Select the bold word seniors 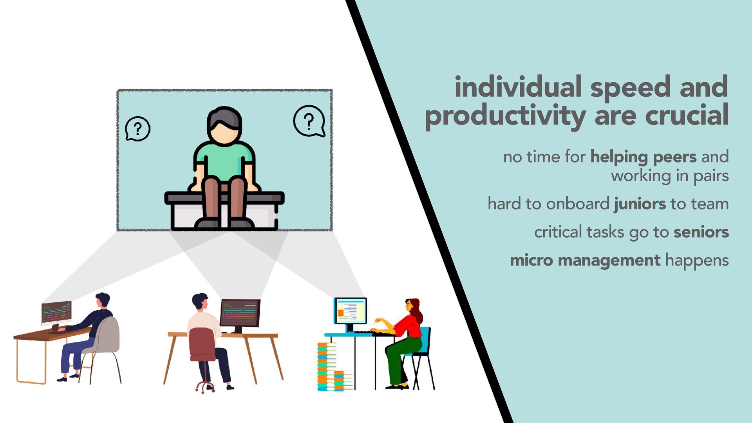click(701, 232)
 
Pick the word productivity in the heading click(505, 116)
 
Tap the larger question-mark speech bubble click(309, 121)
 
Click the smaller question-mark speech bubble click(137, 129)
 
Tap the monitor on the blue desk click(350, 311)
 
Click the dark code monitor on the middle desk click(240, 313)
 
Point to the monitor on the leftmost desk click(56, 313)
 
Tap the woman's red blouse click(409, 326)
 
